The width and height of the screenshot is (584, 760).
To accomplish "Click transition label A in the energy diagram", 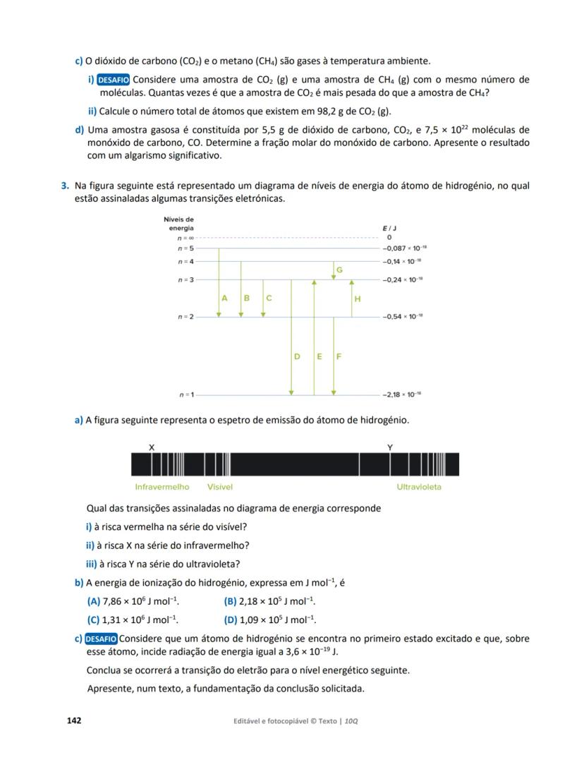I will pos(224,298).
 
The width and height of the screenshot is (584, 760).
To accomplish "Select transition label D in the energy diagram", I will pos(297,356).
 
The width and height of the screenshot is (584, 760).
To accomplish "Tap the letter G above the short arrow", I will pos(339,270).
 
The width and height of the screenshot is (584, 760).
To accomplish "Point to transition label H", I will pos(358,299).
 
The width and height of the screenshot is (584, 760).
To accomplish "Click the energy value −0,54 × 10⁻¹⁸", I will pos(403,316).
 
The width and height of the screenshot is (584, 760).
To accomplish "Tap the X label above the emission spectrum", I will pos(152,447).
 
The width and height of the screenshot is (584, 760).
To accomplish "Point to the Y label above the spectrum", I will pos(390,447).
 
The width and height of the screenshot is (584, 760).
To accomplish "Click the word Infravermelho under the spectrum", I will pos(162,487).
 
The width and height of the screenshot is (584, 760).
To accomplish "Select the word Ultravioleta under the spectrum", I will pos(419,487).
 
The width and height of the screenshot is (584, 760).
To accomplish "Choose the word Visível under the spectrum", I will pos(220,487).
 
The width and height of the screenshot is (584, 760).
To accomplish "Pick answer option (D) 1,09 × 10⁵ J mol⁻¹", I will pos(269,620).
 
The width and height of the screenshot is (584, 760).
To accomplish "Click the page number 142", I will pos(74,720).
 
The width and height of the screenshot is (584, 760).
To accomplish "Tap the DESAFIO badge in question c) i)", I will pos(113,80).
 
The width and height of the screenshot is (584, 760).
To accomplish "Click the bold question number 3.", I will pos(64,186).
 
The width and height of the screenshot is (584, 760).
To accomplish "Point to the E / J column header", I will pos(389,229).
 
